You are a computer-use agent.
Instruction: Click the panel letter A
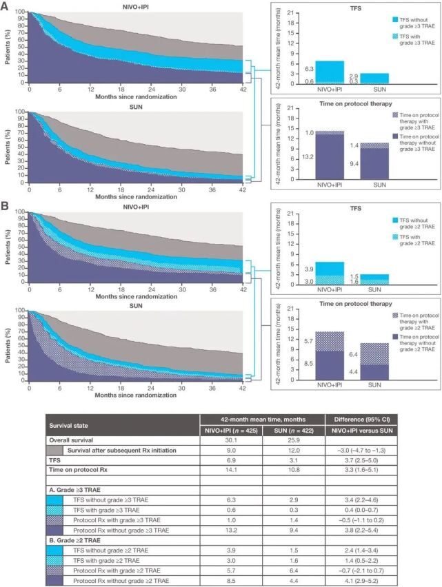[x=6, y=6]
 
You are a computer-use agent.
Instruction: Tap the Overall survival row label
[x=72, y=439]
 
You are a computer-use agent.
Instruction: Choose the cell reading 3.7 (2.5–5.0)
[x=359, y=460]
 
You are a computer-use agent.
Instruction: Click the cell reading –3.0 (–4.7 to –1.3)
[x=359, y=449]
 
